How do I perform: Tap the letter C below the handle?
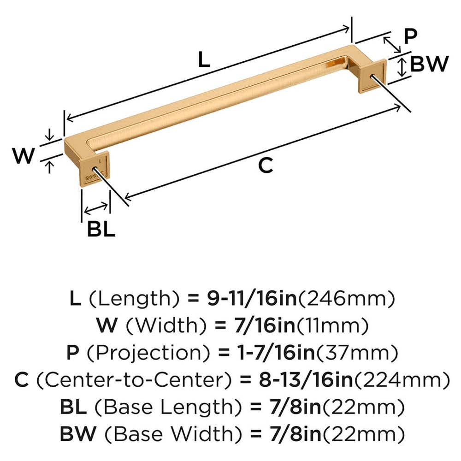pos(266,165)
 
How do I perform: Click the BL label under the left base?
pos(101,229)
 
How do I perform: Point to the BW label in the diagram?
pos(429,65)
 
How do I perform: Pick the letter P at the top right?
pos(410,36)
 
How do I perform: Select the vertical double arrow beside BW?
pos(402,67)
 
